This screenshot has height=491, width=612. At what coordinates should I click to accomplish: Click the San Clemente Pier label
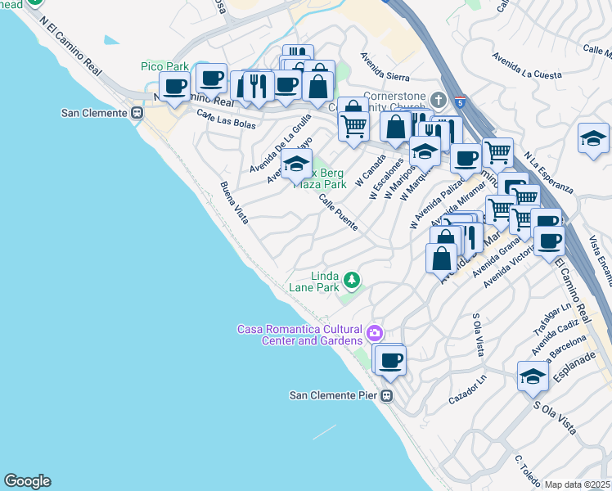tap(334, 395)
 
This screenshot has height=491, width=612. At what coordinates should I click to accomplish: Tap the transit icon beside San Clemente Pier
tap(388, 395)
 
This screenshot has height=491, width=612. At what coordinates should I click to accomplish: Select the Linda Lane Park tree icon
tap(352, 281)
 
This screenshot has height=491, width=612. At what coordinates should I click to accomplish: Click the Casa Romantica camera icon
tap(375, 332)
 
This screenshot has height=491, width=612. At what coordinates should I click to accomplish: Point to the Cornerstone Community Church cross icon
tap(439, 100)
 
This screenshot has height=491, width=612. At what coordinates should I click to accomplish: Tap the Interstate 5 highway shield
tap(461, 102)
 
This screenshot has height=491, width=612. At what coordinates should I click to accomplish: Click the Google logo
tap(27, 481)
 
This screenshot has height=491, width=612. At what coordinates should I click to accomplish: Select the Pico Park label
tap(164, 66)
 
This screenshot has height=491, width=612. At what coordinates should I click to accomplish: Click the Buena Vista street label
tap(234, 203)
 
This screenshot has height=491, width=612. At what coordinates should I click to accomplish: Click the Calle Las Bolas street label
tap(226, 120)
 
